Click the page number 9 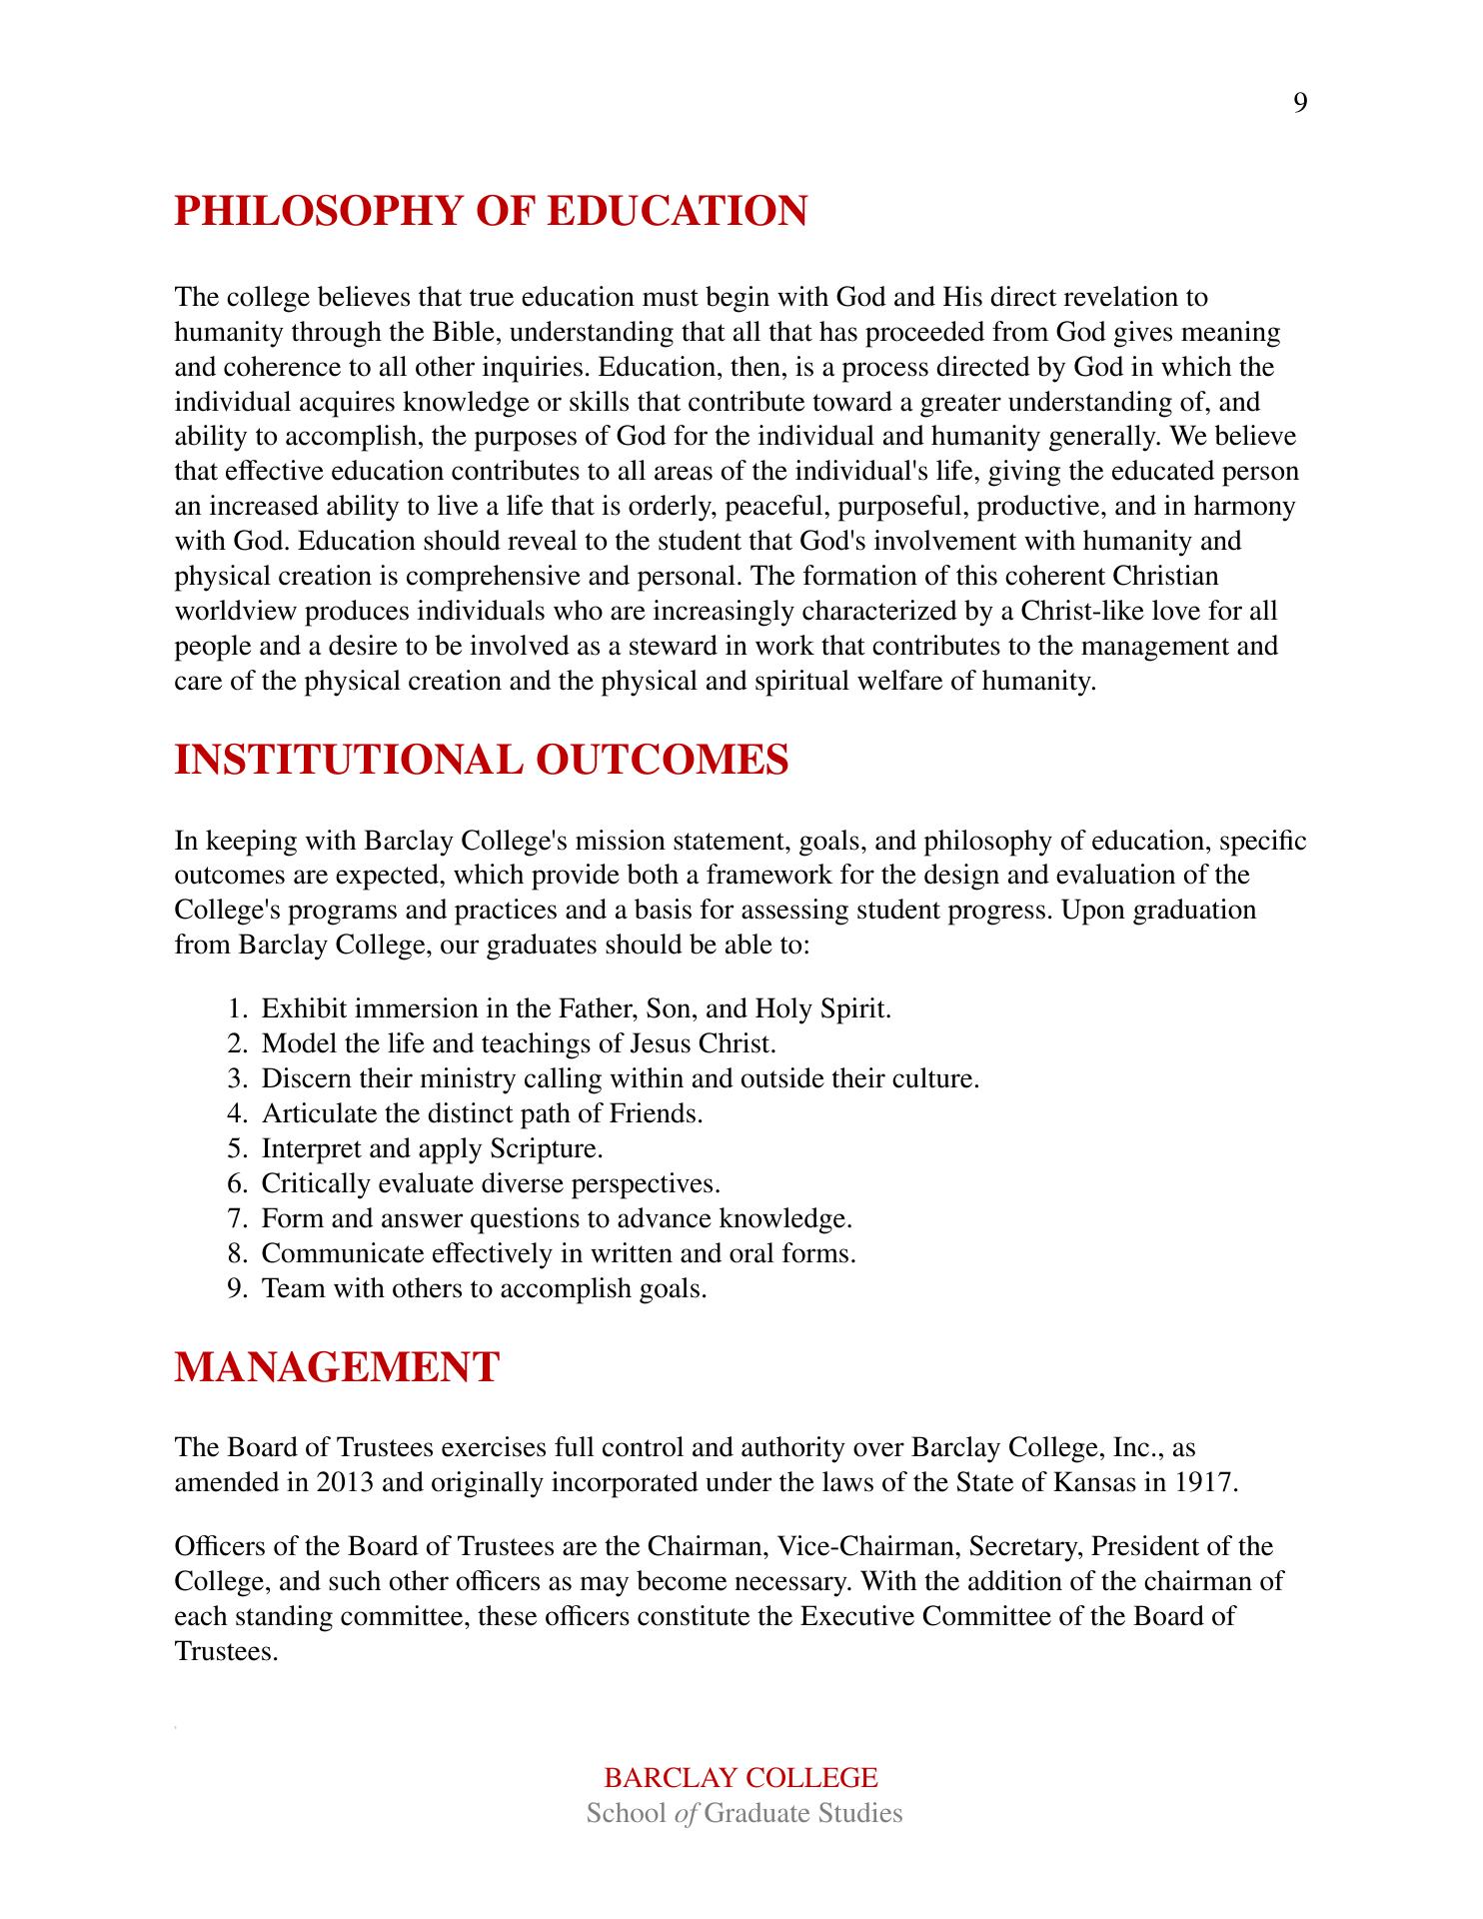coord(1299,104)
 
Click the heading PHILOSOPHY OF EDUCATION coord(491,211)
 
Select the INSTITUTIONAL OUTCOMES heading coord(482,760)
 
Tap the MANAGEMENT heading coord(337,1366)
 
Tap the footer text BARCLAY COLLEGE coord(741,1777)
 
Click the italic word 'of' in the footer coord(686,1813)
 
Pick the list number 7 coord(237,1218)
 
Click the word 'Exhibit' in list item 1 coord(304,1008)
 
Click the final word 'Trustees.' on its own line coord(225,1651)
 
